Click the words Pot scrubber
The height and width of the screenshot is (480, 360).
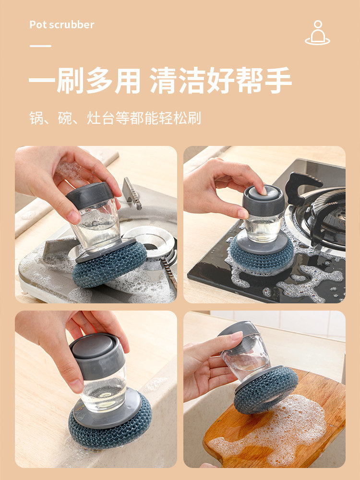[62, 24]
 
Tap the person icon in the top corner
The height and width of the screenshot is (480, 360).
[317, 33]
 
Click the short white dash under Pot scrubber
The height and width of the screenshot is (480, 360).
[40, 46]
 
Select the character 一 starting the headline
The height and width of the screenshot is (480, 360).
[42, 80]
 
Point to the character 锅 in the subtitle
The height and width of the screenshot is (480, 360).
[36, 118]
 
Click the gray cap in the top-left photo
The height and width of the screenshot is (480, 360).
[90, 195]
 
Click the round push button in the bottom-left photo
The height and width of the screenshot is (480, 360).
[93, 346]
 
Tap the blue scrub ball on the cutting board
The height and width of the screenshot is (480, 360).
[266, 390]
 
